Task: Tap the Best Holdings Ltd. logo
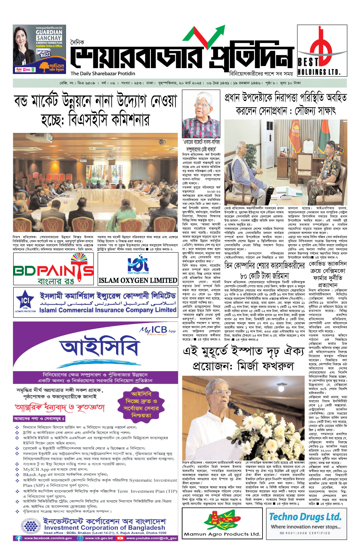coord(322,50)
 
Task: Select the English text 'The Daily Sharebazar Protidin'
coord(103,74)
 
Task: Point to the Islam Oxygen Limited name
coord(138,281)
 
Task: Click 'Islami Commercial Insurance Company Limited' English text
coord(107,310)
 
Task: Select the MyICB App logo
coord(158,330)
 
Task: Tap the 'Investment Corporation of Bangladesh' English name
coord(104,527)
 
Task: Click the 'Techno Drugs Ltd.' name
coord(305,517)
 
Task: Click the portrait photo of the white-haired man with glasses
coord(201,115)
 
